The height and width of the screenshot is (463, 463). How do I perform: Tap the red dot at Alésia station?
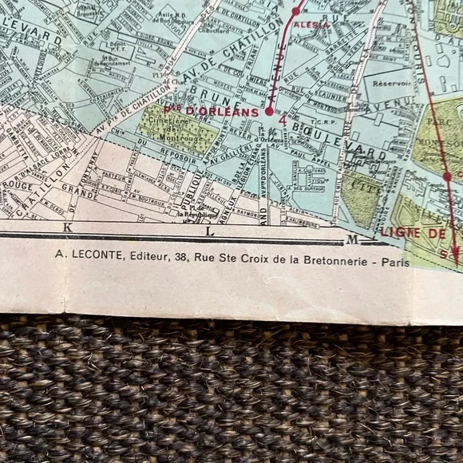(295, 11)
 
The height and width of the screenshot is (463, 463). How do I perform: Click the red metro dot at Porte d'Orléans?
(269, 112)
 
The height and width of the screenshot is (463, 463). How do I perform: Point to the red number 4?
(283, 120)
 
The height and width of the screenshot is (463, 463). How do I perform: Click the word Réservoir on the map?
(391, 83)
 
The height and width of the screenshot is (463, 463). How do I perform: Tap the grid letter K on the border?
(68, 228)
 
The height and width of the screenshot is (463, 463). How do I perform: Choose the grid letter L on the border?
(209, 231)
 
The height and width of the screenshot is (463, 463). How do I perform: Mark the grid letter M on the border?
(352, 239)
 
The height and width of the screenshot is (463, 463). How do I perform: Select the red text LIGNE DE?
(411, 232)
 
